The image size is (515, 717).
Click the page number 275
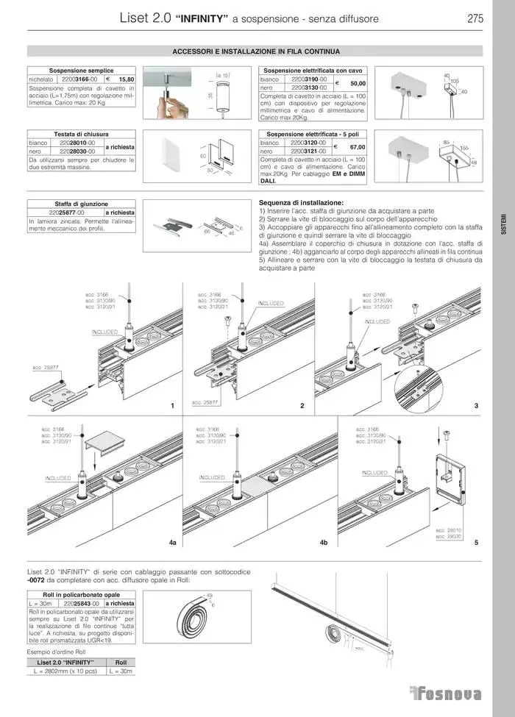click(475, 20)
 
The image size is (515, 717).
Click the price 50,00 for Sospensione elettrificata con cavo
click(358, 84)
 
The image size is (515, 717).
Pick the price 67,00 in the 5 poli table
click(358, 147)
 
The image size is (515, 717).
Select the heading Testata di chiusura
click(81, 135)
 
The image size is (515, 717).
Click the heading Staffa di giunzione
click(81, 204)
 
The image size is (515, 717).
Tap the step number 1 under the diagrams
click(171, 406)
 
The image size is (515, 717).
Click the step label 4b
click(323, 542)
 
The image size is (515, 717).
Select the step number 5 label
click(476, 542)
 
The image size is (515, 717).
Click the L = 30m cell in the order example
click(121, 671)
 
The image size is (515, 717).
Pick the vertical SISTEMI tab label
click(503, 224)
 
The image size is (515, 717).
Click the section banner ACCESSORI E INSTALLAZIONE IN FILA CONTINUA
click(255, 52)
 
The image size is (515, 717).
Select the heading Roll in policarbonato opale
click(81, 594)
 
